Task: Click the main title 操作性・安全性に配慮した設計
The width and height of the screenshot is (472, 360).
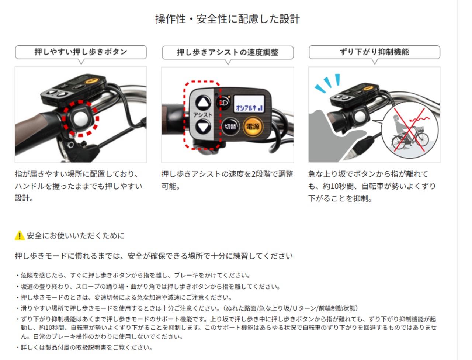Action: point(228,19)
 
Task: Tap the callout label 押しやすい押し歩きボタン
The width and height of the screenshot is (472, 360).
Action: point(81,52)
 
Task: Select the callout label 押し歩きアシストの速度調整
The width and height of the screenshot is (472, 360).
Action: point(228,52)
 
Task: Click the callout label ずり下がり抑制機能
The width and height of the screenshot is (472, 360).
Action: point(374,52)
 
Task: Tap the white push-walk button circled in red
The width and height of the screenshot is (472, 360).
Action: point(81,118)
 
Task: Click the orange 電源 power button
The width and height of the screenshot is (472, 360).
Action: point(253,127)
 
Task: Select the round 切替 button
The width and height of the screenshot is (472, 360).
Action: point(230,127)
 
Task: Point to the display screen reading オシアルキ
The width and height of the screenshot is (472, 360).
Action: point(250,104)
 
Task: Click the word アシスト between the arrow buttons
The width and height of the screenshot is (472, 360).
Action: point(203,115)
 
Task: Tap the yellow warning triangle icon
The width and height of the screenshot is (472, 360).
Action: point(19,235)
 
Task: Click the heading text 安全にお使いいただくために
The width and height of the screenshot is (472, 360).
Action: point(76,236)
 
